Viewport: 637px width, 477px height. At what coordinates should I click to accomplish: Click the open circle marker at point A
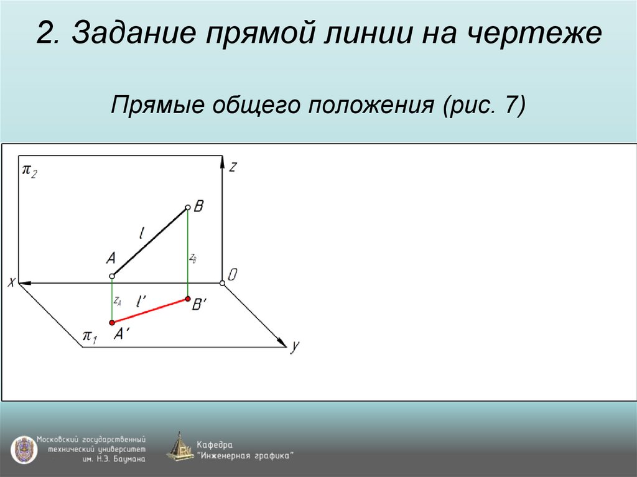coord(112,276)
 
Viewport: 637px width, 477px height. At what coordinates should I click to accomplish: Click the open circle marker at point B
coord(188,208)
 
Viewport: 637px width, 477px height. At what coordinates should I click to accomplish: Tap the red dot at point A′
coord(112,322)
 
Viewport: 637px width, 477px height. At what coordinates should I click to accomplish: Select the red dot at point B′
coord(188,300)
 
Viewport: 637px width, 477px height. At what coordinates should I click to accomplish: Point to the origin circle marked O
coord(223,284)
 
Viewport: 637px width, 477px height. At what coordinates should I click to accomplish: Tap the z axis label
coord(232,167)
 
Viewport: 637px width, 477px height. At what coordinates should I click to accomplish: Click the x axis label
coord(11,283)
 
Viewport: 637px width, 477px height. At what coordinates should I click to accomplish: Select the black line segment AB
coord(150,242)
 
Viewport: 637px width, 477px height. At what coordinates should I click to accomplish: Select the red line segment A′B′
coord(150,311)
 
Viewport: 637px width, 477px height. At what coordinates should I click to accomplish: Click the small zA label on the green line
coord(118,300)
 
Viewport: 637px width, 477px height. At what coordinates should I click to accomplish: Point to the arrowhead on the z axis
coord(222,162)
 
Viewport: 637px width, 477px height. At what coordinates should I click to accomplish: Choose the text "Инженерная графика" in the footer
coord(245,455)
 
